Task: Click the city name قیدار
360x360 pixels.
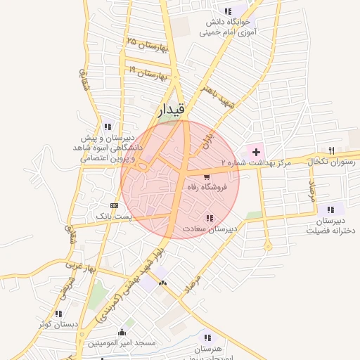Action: point(171,109)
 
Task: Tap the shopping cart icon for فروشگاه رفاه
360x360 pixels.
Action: point(207,176)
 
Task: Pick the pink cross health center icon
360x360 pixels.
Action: point(255,151)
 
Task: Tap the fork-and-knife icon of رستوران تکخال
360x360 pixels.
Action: point(331,150)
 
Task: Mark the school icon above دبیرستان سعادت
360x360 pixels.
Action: point(209,217)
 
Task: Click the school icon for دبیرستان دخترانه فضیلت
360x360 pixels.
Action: point(330,208)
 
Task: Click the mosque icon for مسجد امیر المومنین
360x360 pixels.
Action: point(122,332)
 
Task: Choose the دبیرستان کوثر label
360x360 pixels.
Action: point(58,325)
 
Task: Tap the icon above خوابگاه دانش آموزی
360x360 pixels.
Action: point(228,11)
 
